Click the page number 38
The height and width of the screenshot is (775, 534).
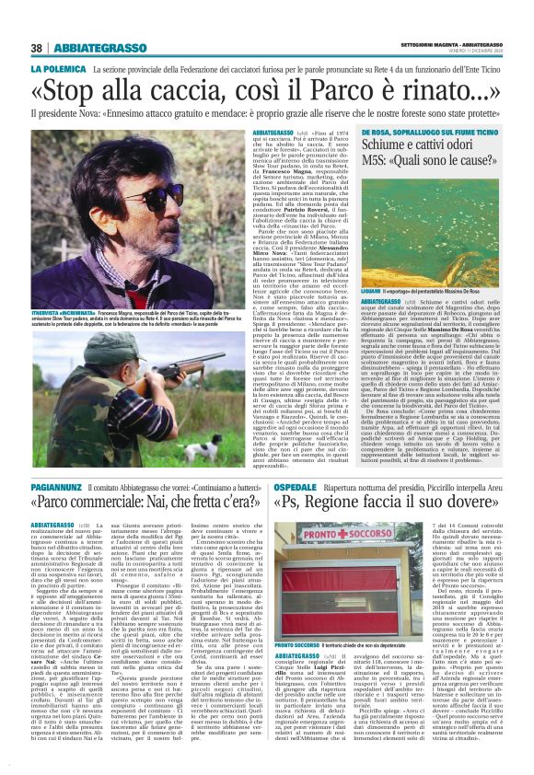coord(37,48)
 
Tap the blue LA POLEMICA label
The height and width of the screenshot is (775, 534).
coord(59,70)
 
